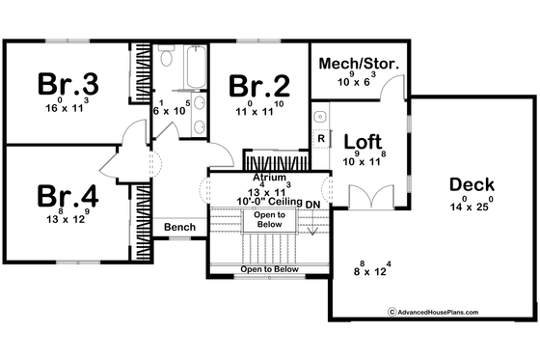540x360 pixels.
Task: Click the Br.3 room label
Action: pos(67,84)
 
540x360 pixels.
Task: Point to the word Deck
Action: pos(472,184)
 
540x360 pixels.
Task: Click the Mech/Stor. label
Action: pos(357,66)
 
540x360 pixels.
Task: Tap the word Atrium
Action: pos(269,179)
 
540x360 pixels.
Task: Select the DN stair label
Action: pos(311,205)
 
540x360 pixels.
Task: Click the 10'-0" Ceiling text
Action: pos(269,201)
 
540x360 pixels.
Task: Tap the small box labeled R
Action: pos(320,138)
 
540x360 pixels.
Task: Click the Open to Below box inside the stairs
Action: pos(269,220)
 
